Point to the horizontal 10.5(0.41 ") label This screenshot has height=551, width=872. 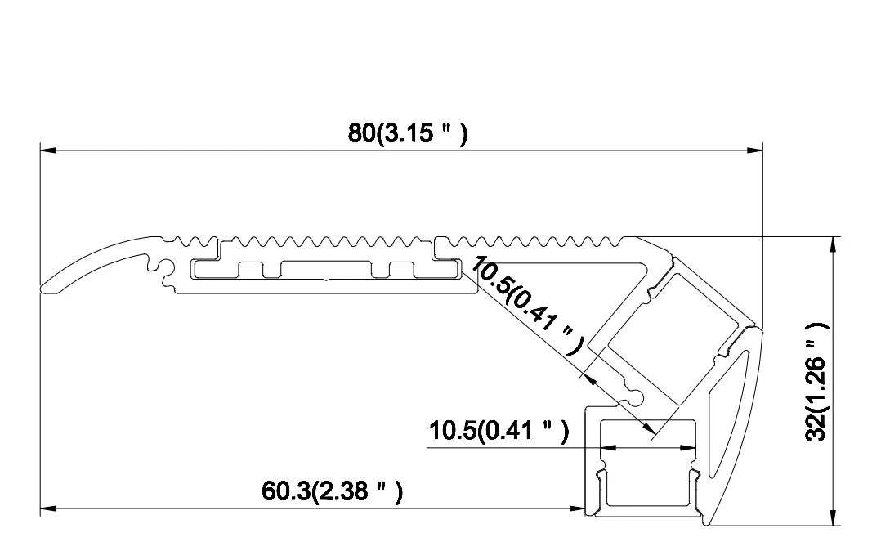pyautogui.click(x=499, y=430)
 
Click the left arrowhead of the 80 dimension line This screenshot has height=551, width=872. pyautogui.click(x=47, y=150)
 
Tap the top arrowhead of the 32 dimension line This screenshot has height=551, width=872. pyautogui.click(x=832, y=244)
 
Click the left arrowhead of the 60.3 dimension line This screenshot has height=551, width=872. pyautogui.click(x=47, y=508)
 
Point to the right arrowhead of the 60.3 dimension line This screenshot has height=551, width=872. pyautogui.click(x=579, y=508)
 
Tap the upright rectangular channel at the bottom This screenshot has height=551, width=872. pyautogui.click(x=646, y=470)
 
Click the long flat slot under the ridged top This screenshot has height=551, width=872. pyautogui.click(x=327, y=270)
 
